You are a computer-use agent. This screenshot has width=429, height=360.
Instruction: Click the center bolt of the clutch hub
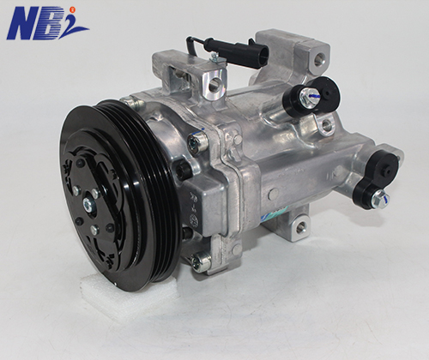click(x=88, y=205)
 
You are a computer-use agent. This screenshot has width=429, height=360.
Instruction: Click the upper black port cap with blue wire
click(x=311, y=97)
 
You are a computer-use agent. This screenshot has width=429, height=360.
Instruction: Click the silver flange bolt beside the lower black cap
click(x=380, y=199)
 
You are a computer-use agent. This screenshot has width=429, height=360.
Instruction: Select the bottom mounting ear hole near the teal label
click(x=300, y=227)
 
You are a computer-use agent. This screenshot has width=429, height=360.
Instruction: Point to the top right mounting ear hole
click(x=319, y=60)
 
